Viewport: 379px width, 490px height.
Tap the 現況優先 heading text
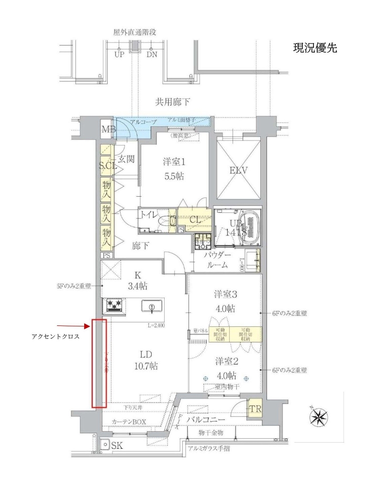315,48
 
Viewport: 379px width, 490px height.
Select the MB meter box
107,130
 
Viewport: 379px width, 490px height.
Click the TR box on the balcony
254,409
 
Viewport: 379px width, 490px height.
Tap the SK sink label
116,445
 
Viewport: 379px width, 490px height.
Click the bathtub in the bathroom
251,224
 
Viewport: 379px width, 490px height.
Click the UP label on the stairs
119,55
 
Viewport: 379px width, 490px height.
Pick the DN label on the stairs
152,55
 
